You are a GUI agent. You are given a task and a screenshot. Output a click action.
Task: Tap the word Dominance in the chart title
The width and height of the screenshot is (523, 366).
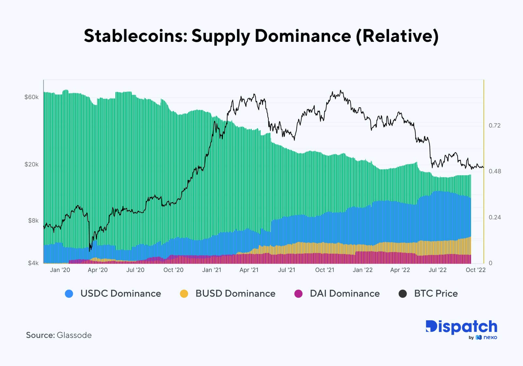click(x=303, y=36)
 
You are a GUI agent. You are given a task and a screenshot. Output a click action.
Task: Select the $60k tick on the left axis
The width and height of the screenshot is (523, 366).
click(x=31, y=97)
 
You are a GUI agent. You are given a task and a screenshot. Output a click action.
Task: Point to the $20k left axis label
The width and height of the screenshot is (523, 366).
click(x=31, y=164)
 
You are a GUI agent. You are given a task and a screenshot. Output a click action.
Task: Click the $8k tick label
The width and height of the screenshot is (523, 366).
click(x=33, y=221)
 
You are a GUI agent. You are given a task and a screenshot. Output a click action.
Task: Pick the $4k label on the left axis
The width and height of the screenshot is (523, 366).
click(x=33, y=263)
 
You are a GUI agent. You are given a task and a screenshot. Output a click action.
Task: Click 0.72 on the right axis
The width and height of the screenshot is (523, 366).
click(x=495, y=125)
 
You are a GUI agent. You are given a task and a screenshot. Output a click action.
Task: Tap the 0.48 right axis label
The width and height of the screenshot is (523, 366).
click(x=495, y=171)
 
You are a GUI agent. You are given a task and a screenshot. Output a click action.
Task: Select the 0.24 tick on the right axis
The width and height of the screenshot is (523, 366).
click(x=495, y=217)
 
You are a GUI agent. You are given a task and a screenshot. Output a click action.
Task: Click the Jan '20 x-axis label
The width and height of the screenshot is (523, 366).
click(x=60, y=270)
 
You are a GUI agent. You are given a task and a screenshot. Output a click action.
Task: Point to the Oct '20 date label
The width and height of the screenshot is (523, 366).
click(x=173, y=270)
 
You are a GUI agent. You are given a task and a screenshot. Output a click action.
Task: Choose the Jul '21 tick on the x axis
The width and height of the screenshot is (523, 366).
click(x=286, y=270)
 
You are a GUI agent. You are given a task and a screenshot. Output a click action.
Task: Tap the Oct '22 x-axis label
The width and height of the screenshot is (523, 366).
click(x=476, y=270)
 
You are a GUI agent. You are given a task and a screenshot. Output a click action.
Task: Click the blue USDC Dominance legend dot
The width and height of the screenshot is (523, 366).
click(x=69, y=294)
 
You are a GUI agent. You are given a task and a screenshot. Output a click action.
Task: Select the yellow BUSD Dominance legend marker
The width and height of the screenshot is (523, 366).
click(x=184, y=294)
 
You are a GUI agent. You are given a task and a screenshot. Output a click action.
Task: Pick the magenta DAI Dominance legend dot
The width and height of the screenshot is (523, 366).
click(x=298, y=294)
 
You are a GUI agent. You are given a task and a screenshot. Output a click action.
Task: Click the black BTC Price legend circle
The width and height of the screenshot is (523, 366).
click(x=403, y=294)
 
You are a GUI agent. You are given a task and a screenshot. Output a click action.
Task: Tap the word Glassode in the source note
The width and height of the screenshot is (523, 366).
click(x=74, y=335)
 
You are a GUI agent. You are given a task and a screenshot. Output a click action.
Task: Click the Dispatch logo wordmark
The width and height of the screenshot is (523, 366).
click(x=461, y=327)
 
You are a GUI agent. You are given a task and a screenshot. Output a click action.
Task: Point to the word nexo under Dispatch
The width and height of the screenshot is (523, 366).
click(x=490, y=338)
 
